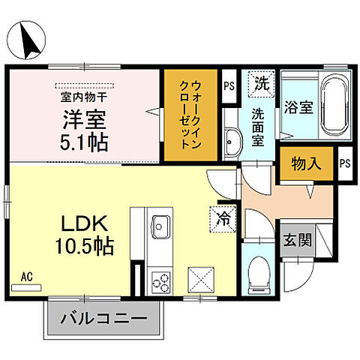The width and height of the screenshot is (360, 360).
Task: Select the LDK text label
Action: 84,223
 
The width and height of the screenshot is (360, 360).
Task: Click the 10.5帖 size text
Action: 84,246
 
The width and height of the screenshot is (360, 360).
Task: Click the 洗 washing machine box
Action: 260,82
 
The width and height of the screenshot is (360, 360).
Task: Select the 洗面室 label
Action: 257,127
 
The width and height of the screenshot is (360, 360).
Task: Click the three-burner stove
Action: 159,282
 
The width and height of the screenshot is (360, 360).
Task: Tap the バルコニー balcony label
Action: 106,318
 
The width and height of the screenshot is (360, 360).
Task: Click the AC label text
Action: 26,276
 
